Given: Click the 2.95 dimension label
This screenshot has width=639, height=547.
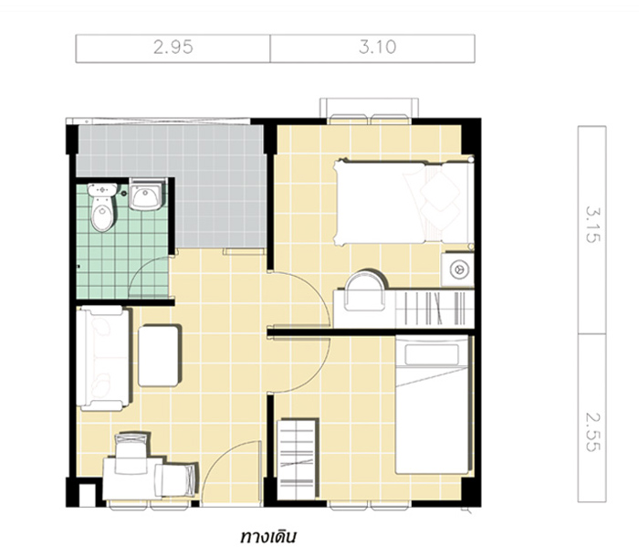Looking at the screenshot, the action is point(173,47).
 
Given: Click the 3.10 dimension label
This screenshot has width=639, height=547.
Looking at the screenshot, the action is point(377,47).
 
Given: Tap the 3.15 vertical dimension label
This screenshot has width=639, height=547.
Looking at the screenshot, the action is point(593,225).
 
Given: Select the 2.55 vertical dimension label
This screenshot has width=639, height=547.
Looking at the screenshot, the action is point(593,432).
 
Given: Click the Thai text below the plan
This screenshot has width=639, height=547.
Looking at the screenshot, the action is point(267,536).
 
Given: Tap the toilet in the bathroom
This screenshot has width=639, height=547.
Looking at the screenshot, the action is point(102,207).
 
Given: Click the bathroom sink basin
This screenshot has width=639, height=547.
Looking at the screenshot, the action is point(146,195).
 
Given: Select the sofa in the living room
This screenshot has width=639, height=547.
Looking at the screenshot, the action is point(104,358).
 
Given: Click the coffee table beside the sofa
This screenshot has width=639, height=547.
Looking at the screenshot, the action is point(160,355).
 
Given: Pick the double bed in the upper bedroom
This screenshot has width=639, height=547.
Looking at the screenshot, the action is point(403,203).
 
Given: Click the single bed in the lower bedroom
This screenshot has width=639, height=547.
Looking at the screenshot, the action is point(433,405).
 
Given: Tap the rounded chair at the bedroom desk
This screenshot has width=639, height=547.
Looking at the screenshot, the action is point(365,289).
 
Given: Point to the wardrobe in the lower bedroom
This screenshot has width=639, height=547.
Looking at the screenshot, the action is point(297,458).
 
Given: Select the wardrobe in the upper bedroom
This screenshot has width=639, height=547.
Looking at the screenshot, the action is point(435,309).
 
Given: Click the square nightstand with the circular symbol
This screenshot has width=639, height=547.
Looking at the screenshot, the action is point(458,269).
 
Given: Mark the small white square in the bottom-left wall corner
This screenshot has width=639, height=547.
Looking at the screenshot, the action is point(87,495).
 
